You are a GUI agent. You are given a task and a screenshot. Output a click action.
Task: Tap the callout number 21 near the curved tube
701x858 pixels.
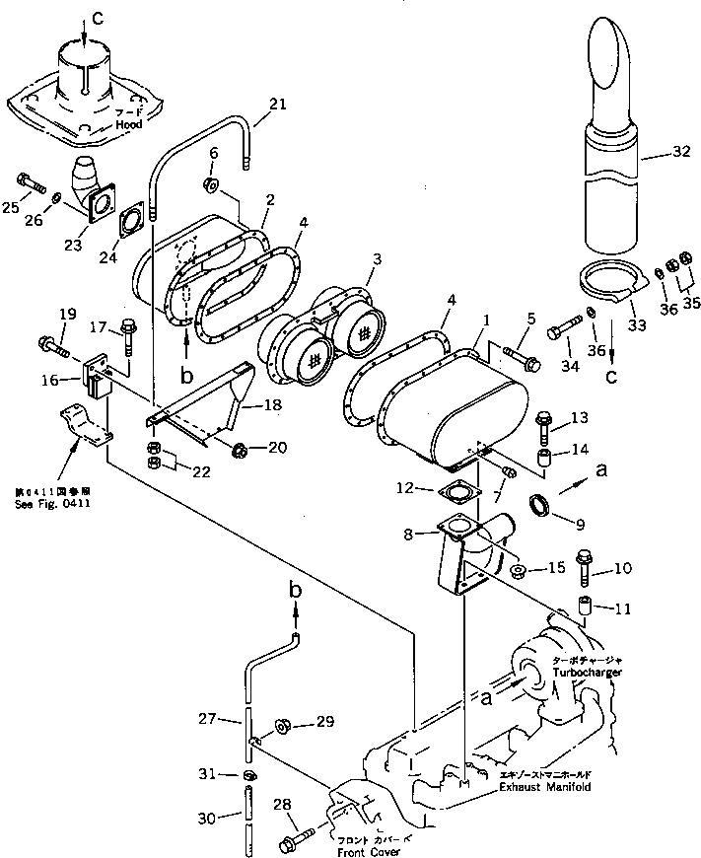277,104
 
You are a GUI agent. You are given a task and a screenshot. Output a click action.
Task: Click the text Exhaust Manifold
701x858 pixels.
546,787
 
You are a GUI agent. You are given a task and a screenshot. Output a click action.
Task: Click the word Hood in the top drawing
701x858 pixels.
128,125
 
